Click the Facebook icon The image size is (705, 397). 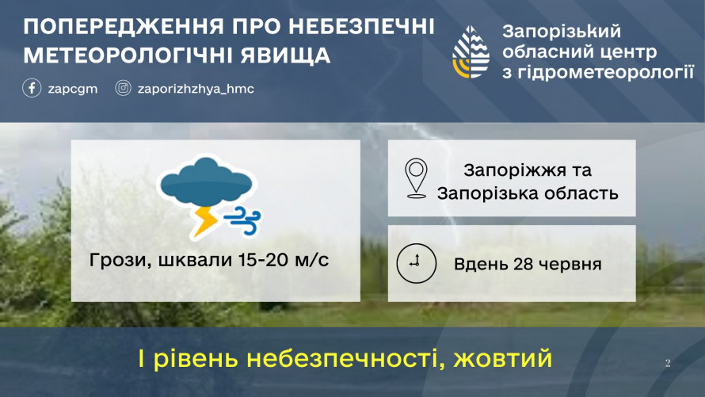pos(32,88)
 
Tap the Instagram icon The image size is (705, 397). pos(124,88)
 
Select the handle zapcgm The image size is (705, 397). pos(73,89)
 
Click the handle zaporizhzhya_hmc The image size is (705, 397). pos(196,89)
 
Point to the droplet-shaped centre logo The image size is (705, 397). pos(471,52)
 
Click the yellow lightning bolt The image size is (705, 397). pos(204,221)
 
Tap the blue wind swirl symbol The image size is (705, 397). pos(243,221)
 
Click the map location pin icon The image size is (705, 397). pos(416,178)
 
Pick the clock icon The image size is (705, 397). pos(417,263)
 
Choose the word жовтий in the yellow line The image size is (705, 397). pos(503,359)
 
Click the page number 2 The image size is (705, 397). pos(668,363)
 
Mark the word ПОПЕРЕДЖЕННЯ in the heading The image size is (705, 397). pos(124,27)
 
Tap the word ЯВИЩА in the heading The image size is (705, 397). pos(285,55)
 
